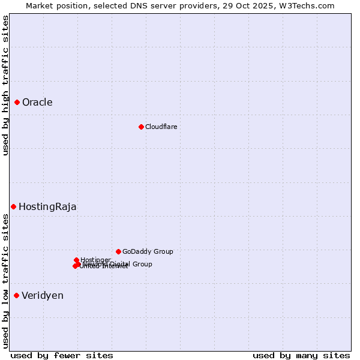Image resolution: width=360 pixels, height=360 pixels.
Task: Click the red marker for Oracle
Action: tap(17, 102)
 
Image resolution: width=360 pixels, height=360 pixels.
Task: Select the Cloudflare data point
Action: tap(141, 127)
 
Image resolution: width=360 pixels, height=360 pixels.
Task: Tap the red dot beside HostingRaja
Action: tap(13, 206)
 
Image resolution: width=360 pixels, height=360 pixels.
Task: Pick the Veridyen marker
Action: tap(16, 295)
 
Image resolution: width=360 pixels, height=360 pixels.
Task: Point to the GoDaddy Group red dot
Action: tap(118, 251)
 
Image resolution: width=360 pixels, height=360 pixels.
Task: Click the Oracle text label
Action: tap(37, 102)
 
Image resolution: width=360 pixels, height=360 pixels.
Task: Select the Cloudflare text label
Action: tap(161, 127)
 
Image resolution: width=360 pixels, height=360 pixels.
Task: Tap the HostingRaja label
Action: tap(47, 206)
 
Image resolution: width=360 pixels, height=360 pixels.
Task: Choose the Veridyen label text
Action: tap(43, 295)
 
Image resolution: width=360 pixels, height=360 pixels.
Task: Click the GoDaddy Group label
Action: tap(148, 251)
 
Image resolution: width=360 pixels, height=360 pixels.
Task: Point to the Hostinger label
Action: tap(95, 260)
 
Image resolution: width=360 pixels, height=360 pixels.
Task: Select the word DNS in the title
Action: tap(140, 5)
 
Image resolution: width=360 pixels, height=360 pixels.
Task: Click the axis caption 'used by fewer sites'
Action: tap(62, 355)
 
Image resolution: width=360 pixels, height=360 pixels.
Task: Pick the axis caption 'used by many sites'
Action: tap(301, 355)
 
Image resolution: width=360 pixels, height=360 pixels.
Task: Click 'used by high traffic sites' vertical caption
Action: tap(5, 85)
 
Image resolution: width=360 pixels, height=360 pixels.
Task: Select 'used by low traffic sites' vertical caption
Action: tap(5, 280)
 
